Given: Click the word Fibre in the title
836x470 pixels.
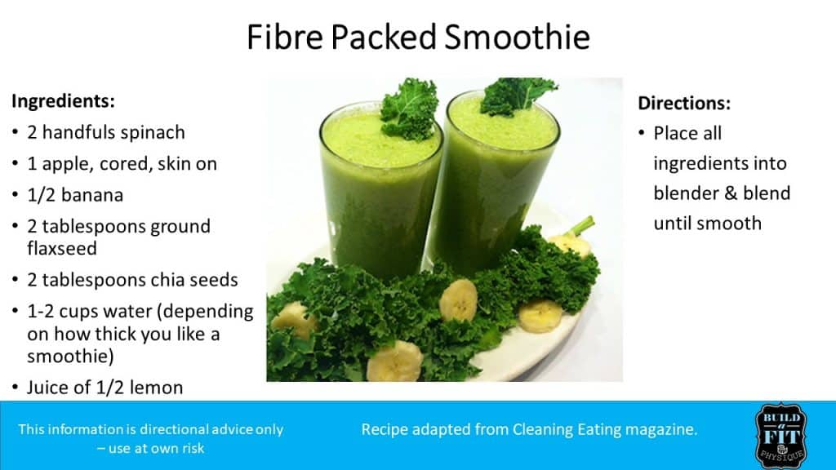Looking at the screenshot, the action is point(285,37).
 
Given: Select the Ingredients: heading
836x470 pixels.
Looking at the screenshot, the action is point(63,101).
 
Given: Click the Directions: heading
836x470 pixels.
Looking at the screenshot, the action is point(684,103).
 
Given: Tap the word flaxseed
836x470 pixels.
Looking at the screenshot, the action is point(62,248).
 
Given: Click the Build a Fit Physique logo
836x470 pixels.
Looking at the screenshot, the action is point(781,436).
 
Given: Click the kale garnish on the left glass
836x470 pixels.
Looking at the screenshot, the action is point(410,109).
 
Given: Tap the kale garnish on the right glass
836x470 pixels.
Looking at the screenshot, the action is point(516,96).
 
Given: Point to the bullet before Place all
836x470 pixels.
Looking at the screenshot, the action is point(642,133).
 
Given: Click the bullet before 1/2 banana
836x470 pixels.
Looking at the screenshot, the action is point(15,195).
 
